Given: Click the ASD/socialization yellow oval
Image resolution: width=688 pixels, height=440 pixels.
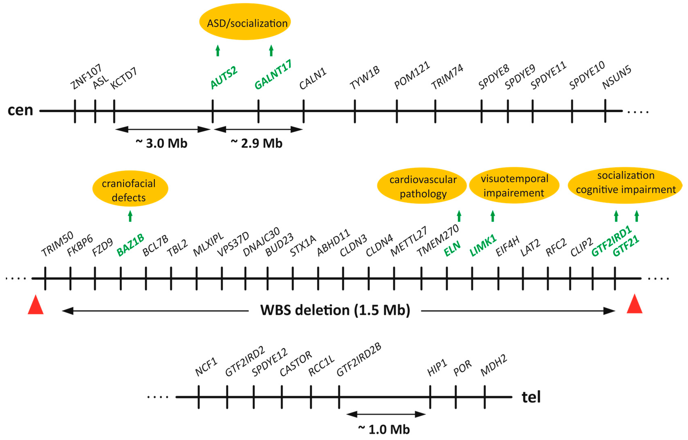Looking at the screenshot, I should pos(245,22).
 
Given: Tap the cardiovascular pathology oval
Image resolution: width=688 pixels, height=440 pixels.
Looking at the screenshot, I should pos(422,186).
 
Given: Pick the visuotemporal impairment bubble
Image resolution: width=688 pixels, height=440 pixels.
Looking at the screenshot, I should pos(514,185).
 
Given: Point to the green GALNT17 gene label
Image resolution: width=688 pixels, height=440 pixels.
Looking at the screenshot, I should pos(273,75).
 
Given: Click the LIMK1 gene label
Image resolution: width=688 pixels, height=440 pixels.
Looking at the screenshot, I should pos(483,245).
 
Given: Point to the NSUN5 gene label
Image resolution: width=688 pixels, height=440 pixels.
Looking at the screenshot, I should pos(617,77).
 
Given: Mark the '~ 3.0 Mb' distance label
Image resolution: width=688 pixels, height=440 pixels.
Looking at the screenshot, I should pos(162,143).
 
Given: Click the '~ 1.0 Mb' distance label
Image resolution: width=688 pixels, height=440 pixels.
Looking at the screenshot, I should pos(384,429).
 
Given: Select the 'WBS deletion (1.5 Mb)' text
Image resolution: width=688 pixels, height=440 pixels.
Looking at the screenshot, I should pos(335,310).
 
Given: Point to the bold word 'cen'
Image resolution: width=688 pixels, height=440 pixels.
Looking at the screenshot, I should pos(20,110).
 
